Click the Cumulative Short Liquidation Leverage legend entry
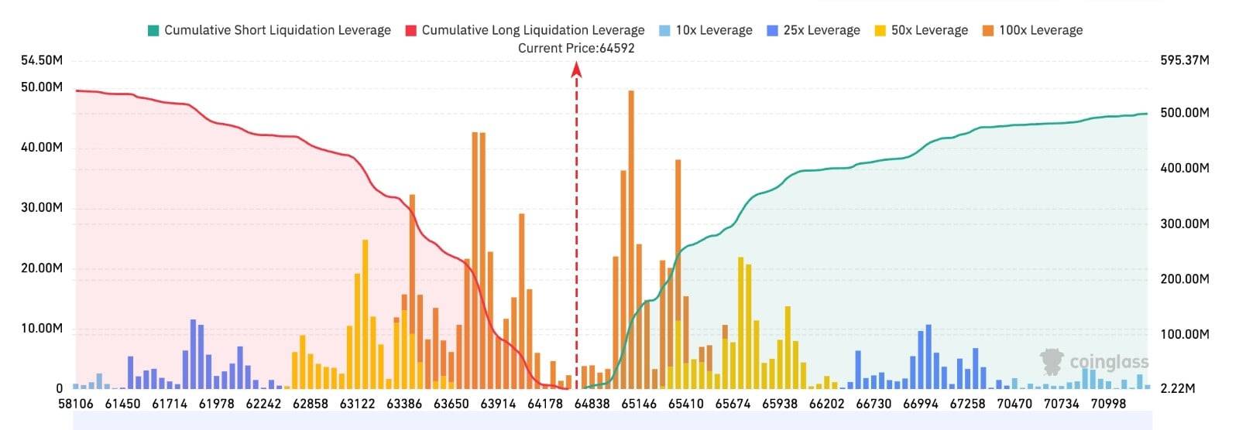click(269, 30)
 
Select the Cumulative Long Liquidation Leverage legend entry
click(525, 30)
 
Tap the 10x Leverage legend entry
click(705, 30)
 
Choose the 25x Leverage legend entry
click(814, 30)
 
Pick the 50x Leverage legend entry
click(922, 30)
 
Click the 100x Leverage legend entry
click(1033, 30)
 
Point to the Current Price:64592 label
click(576, 49)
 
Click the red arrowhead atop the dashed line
click(576, 69)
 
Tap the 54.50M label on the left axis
click(42, 60)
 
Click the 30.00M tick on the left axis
click(42, 208)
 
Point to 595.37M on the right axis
click(1185, 60)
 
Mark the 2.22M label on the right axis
click(1178, 388)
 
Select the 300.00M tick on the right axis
click(1185, 224)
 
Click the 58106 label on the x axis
click(76, 404)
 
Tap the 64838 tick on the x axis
click(592, 404)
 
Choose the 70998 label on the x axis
click(1108, 404)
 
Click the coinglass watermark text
click(1109, 362)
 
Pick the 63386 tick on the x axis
click(404, 404)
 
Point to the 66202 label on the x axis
click(826, 404)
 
